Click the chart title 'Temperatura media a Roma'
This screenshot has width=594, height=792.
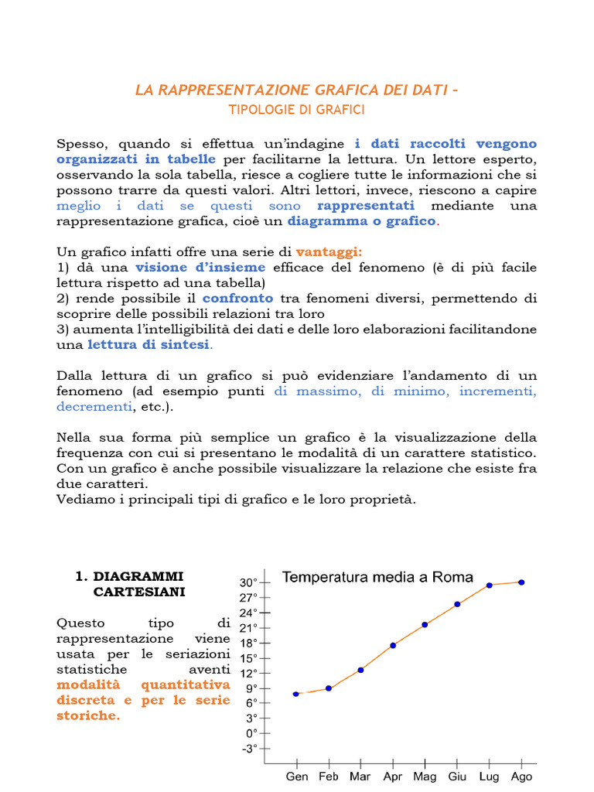[x=377, y=577]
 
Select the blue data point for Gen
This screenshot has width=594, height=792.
[x=295, y=694]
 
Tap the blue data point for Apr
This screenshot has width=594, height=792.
[x=393, y=645]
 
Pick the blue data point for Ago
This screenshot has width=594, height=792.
[x=521, y=582]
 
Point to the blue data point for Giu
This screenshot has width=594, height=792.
[x=457, y=604]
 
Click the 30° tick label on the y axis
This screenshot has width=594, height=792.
[x=248, y=582]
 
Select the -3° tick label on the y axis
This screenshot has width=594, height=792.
[x=248, y=748]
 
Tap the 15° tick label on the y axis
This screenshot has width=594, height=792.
[x=248, y=658]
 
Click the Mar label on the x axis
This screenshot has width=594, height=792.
[x=360, y=777]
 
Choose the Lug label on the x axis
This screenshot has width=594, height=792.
[x=489, y=777]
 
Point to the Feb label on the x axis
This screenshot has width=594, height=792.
[x=328, y=777]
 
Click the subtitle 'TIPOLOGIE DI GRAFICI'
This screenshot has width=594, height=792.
[x=296, y=110]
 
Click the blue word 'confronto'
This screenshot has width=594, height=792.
[x=237, y=298]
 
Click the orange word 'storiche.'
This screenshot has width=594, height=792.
[x=88, y=715]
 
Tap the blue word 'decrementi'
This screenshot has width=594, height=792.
[x=94, y=406]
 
